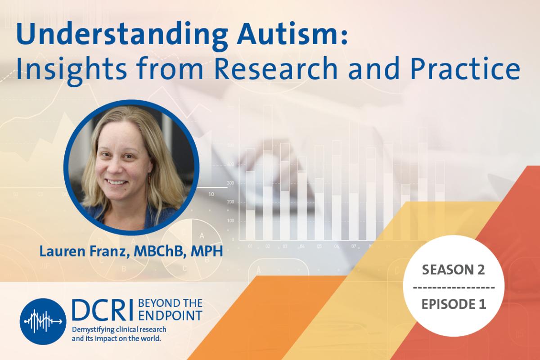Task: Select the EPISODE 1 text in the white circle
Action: click(x=453, y=304)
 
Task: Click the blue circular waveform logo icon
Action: click(x=43, y=321)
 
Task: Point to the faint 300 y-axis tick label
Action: click(x=230, y=183)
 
